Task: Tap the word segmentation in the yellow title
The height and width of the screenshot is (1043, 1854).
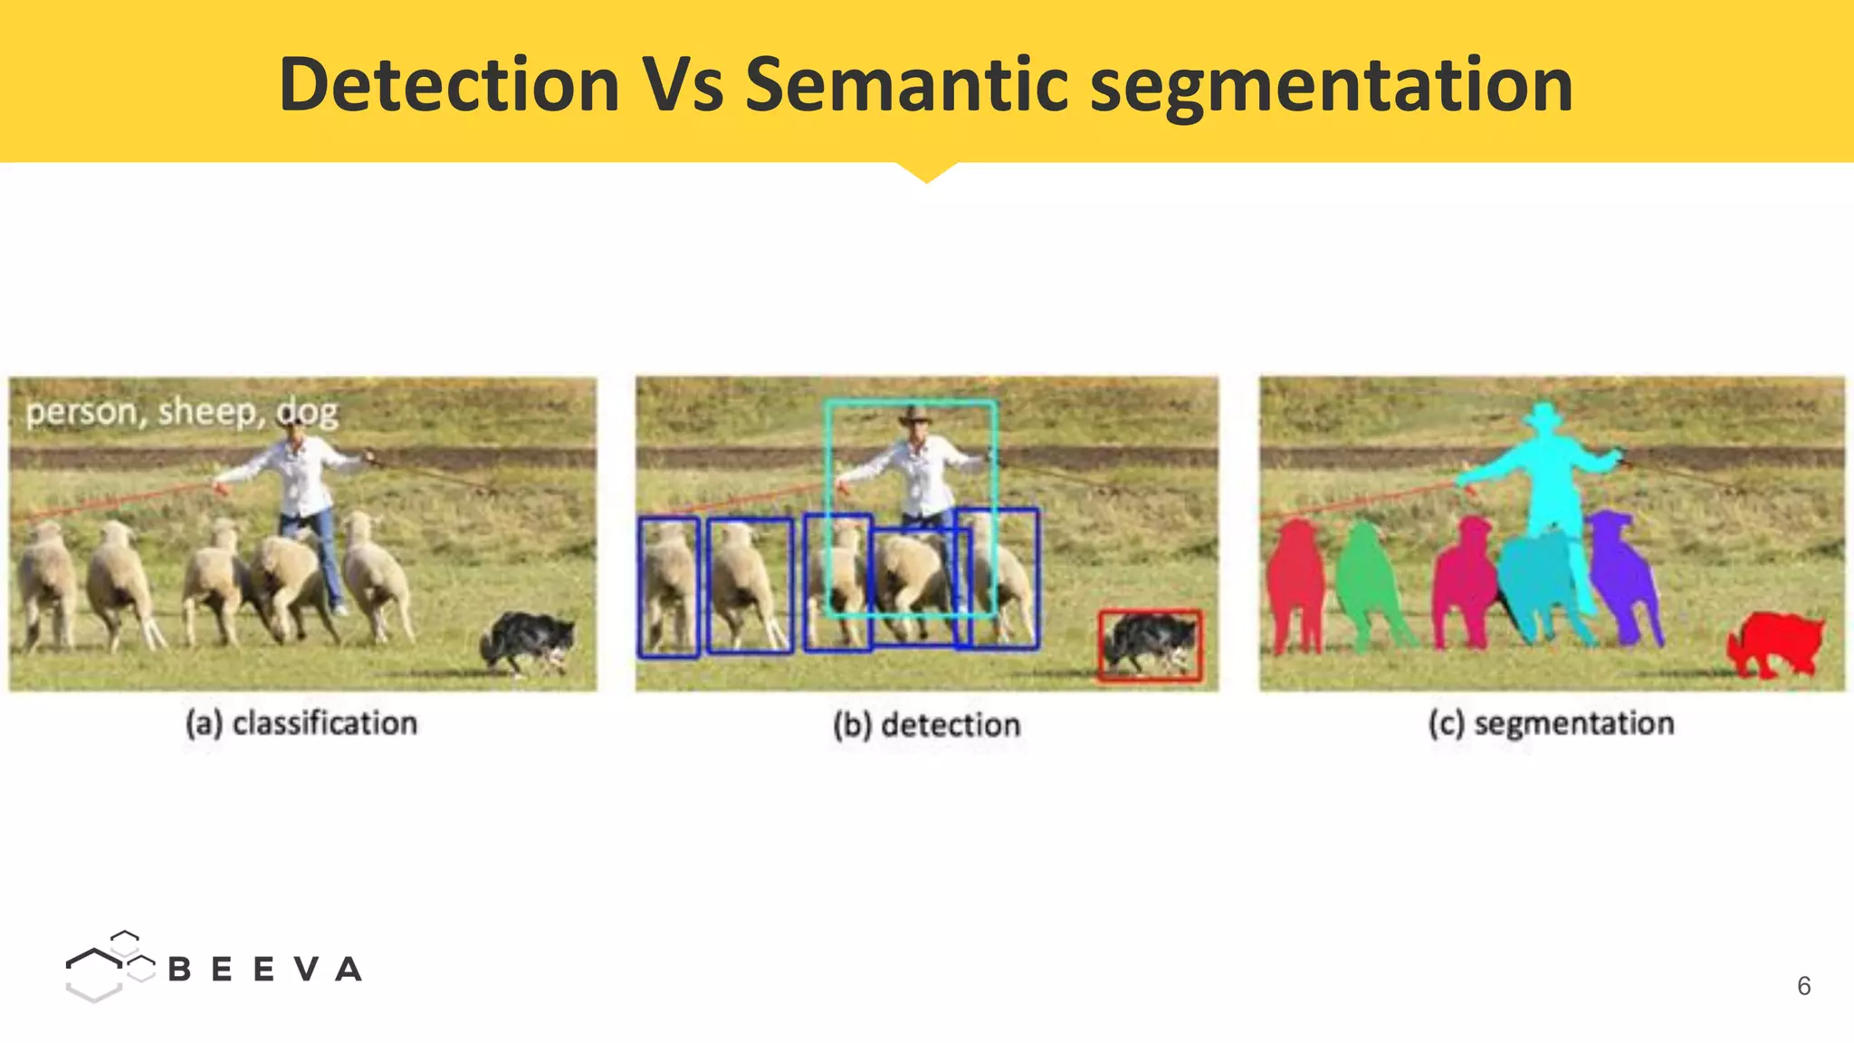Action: tap(1331, 86)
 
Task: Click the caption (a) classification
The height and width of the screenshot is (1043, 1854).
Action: tap(301, 723)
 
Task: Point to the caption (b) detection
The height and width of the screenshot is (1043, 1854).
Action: tap(926, 725)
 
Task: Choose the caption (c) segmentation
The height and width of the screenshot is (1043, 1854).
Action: tap(1551, 723)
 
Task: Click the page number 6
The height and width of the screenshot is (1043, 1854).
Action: tap(1803, 986)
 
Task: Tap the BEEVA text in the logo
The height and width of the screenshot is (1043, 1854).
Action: tap(264, 970)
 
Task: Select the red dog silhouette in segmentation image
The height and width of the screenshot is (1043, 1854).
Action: tap(1774, 643)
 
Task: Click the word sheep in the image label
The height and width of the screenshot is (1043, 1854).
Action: tap(206, 412)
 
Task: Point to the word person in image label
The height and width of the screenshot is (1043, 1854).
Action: tap(81, 413)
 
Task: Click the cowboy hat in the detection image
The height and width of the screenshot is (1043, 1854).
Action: tap(914, 416)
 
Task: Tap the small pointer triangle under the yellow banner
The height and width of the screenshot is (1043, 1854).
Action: tap(926, 172)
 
